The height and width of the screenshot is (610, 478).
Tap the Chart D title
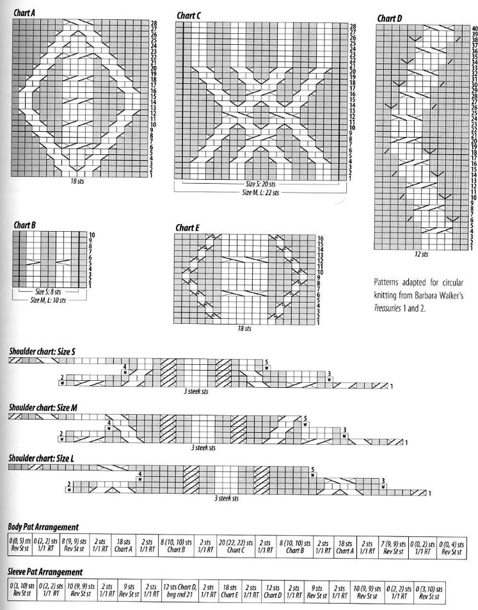point(390,19)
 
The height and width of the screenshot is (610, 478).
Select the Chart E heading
point(187,227)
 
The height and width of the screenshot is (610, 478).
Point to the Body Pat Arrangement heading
point(43,527)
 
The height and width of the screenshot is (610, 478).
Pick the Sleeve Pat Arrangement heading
point(45,570)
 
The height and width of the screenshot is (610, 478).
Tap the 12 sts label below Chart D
point(420,254)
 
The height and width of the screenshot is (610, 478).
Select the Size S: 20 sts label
point(260,184)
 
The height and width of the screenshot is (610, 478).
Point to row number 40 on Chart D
point(474,29)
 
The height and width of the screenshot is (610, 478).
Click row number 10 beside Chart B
point(92,234)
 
